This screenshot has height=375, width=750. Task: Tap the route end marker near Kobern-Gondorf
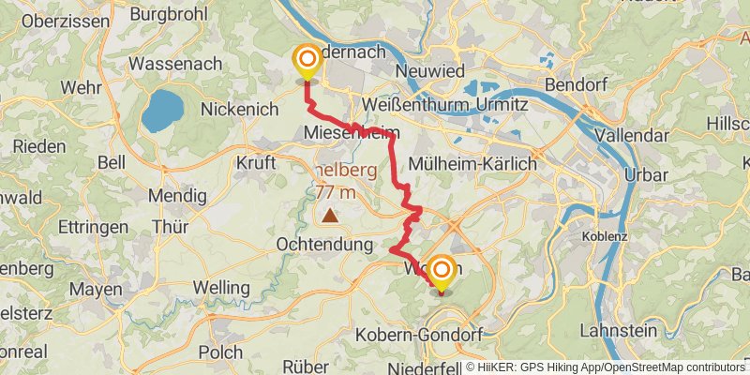440,273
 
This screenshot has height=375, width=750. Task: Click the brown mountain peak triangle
330,216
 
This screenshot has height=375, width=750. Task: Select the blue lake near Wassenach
163,111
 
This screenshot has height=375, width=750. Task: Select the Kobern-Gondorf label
431,335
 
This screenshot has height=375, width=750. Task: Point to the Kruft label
257,163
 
